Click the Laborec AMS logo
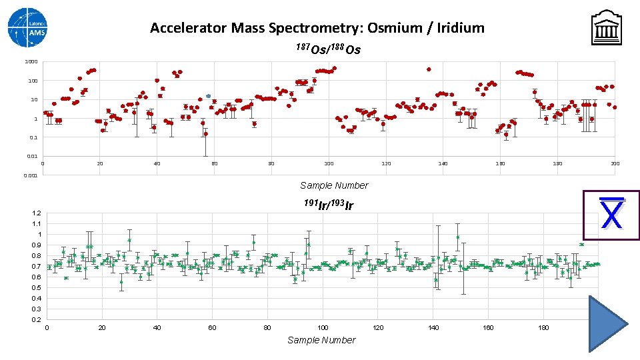[x=28, y=27]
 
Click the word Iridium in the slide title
[x=459, y=28]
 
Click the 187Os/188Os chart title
[x=328, y=49]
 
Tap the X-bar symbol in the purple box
[x=611, y=215]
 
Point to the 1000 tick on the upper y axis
[x=31, y=62]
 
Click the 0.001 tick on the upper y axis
[x=30, y=176]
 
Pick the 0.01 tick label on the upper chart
[x=31, y=157]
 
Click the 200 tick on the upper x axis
[x=615, y=163]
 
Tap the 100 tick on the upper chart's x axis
[x=329, y=163]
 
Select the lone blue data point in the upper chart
[x=208, y=96]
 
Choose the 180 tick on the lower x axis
[x=543, y=327]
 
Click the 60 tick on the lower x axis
[x=212, y=327]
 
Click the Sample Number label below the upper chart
[x=333, y=185]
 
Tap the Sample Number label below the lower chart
[x=321, y=340]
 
